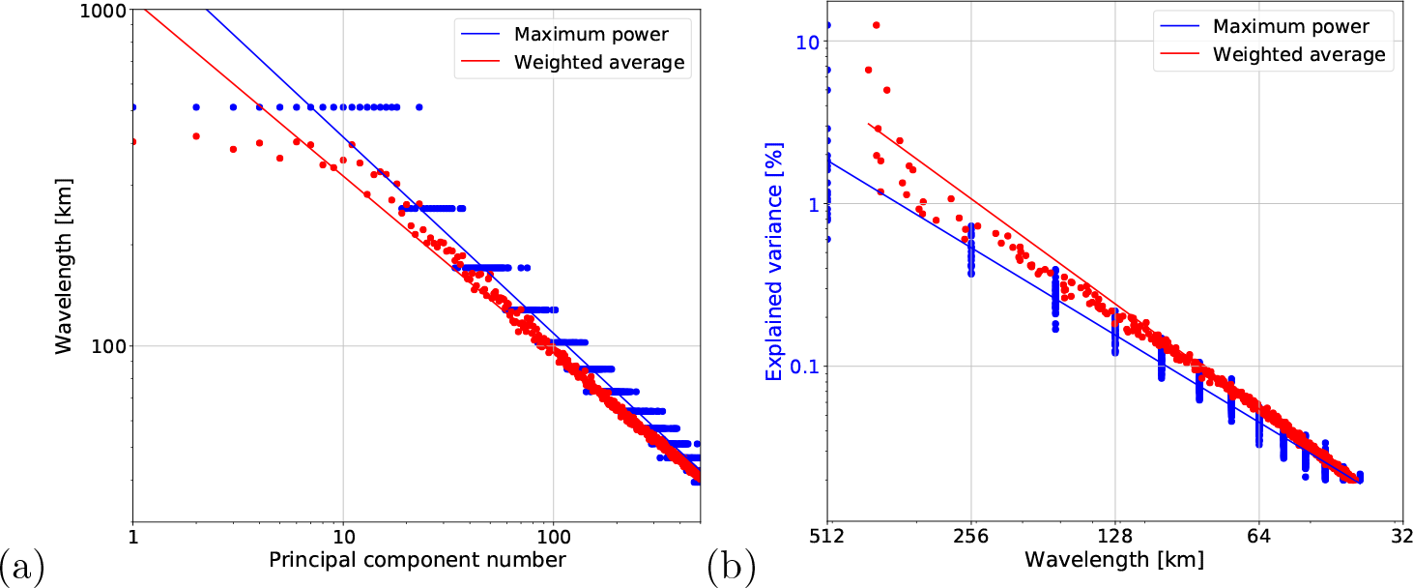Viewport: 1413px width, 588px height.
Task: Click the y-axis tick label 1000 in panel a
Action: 101,11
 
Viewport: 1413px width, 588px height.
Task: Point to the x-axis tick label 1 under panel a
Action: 132,536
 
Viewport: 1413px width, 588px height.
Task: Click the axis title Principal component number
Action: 417,560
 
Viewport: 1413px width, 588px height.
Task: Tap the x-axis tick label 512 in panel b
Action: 827,536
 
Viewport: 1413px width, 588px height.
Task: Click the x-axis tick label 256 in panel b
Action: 971,536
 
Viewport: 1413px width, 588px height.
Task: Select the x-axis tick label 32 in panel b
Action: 1402,536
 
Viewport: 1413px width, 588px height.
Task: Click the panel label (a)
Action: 21,562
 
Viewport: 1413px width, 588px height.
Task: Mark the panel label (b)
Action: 732,562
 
